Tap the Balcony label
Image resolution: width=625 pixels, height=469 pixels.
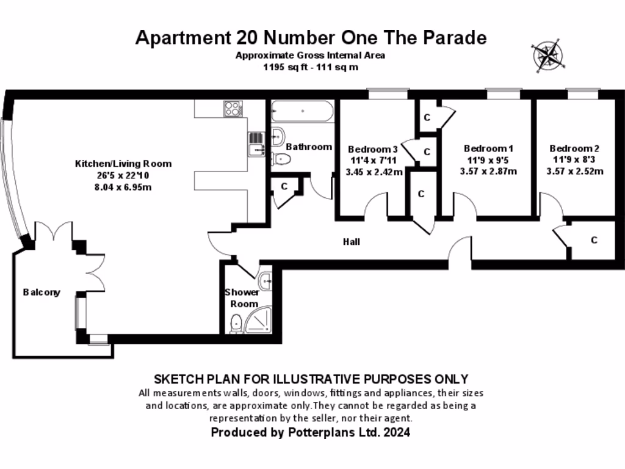click(x=42, y=292)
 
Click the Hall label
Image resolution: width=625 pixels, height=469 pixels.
click(x=351, y=242)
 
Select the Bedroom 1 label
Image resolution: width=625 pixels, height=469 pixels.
click(x=488, y=148)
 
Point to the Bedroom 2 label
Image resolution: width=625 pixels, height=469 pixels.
click(x=574, y=148)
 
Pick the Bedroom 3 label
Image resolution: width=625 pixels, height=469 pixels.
click(x=372, y=149)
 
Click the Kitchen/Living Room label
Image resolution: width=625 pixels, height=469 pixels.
click(x=123, y=164)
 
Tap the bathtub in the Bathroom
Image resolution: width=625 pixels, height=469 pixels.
click(x=302, y=112)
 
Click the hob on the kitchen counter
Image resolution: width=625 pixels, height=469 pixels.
click(x=233, y=109)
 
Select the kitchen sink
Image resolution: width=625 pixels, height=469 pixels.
click(x=255, y=145)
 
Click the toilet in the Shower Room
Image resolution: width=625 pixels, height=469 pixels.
click(x=236, y=323)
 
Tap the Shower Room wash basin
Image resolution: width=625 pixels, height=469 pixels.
click(x=266, y=281)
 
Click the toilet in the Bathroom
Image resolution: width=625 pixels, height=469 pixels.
click(x=281, y=159)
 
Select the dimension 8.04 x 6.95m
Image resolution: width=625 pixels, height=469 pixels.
click(x=123, y=187)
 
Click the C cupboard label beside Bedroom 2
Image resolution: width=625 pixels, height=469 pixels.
click(x=594, y=240)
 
